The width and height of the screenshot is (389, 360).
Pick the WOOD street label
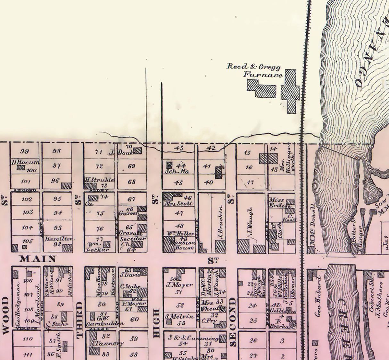point(6,315)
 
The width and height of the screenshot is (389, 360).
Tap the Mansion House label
point(183,245)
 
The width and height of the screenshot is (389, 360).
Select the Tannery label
point(109,343)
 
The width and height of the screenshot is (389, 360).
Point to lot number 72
point(99,166)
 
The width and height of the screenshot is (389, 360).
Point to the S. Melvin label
point(179,316)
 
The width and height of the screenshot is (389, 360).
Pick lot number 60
point(135,319)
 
